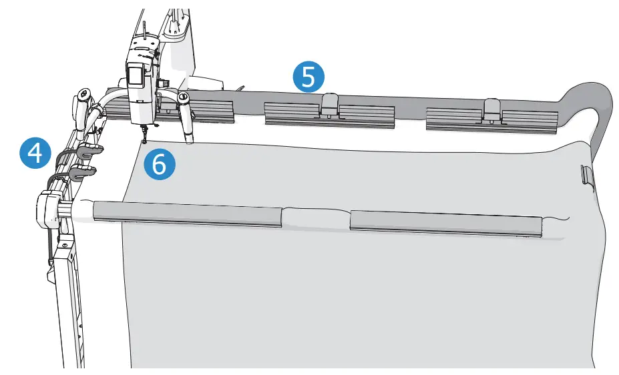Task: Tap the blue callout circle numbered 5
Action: click(308, 77)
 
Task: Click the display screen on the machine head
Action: click(136, 74)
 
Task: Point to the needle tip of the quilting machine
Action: click(145, 141)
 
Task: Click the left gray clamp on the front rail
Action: click(187, 215)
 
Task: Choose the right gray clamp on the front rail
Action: click(445, 224)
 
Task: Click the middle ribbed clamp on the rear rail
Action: click(330, 113)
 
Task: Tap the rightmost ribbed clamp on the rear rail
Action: click(492, 117)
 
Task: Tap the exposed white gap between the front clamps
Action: click(315, 218)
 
